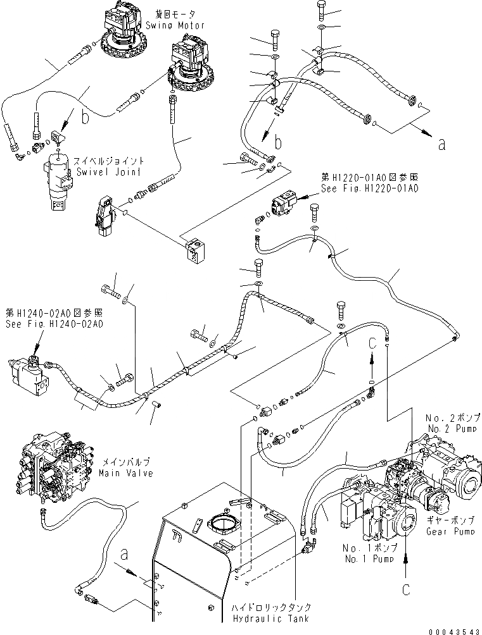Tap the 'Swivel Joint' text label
click(x=106, y=170)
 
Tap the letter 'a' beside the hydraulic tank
click(x=125, y=555)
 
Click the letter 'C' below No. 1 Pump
click(x=405, y=589)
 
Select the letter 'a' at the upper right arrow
click(x=441, y=143)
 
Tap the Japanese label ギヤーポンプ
click(x=444, y=503)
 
